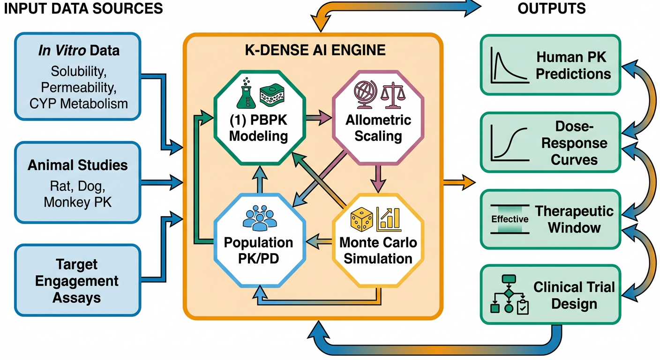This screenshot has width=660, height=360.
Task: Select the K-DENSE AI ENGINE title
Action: pyautogui.click(x=312, y=50)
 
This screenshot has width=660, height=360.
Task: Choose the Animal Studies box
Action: pyautogui.click(x=78, y=182)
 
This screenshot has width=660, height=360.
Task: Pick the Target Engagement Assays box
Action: pyautogui.click(x=78, y=280)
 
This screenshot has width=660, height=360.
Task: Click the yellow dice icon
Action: pyautogui.click(x=362, y=219)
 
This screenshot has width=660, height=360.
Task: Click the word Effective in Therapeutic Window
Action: pyautogui.click(x=510, y=219)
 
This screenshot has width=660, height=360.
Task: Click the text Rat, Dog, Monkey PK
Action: pyautogui.click(x=78, y=195)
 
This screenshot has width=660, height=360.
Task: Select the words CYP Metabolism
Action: pyautogui.click(x=79, y=103)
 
